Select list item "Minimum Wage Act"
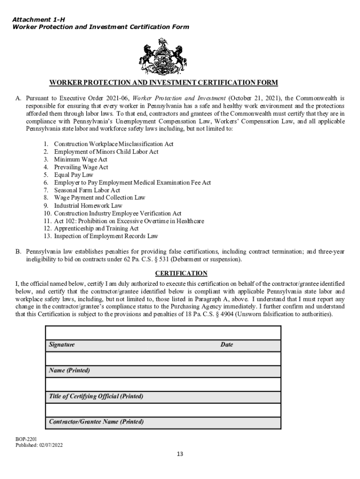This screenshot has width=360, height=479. click(x=80, y=160)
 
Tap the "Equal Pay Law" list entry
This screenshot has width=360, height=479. click(x=73, y=175)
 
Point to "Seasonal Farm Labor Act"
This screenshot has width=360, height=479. click(x=87, y=190)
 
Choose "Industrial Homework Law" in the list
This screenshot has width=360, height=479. click(x=88, y=205)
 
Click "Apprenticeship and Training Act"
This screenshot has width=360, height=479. click(x=96, y=228)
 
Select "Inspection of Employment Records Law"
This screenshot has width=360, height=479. click(x=106, y=236)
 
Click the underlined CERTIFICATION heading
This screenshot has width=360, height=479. click(x=181, y=273)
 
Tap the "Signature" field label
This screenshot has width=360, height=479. click(x=62, y=345)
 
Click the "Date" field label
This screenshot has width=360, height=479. click(x=227, y=345)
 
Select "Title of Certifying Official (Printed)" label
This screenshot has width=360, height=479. click(x=96, y=396)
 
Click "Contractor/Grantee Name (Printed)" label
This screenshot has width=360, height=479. click(x=96, y=422)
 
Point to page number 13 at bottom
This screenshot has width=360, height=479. click(x=180, y=454)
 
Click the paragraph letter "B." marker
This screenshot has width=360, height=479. click(x=18, y=251)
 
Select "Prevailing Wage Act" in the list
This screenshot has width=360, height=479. click(x=81, y=167)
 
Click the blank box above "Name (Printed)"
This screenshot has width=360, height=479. click(x=163, y=359)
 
